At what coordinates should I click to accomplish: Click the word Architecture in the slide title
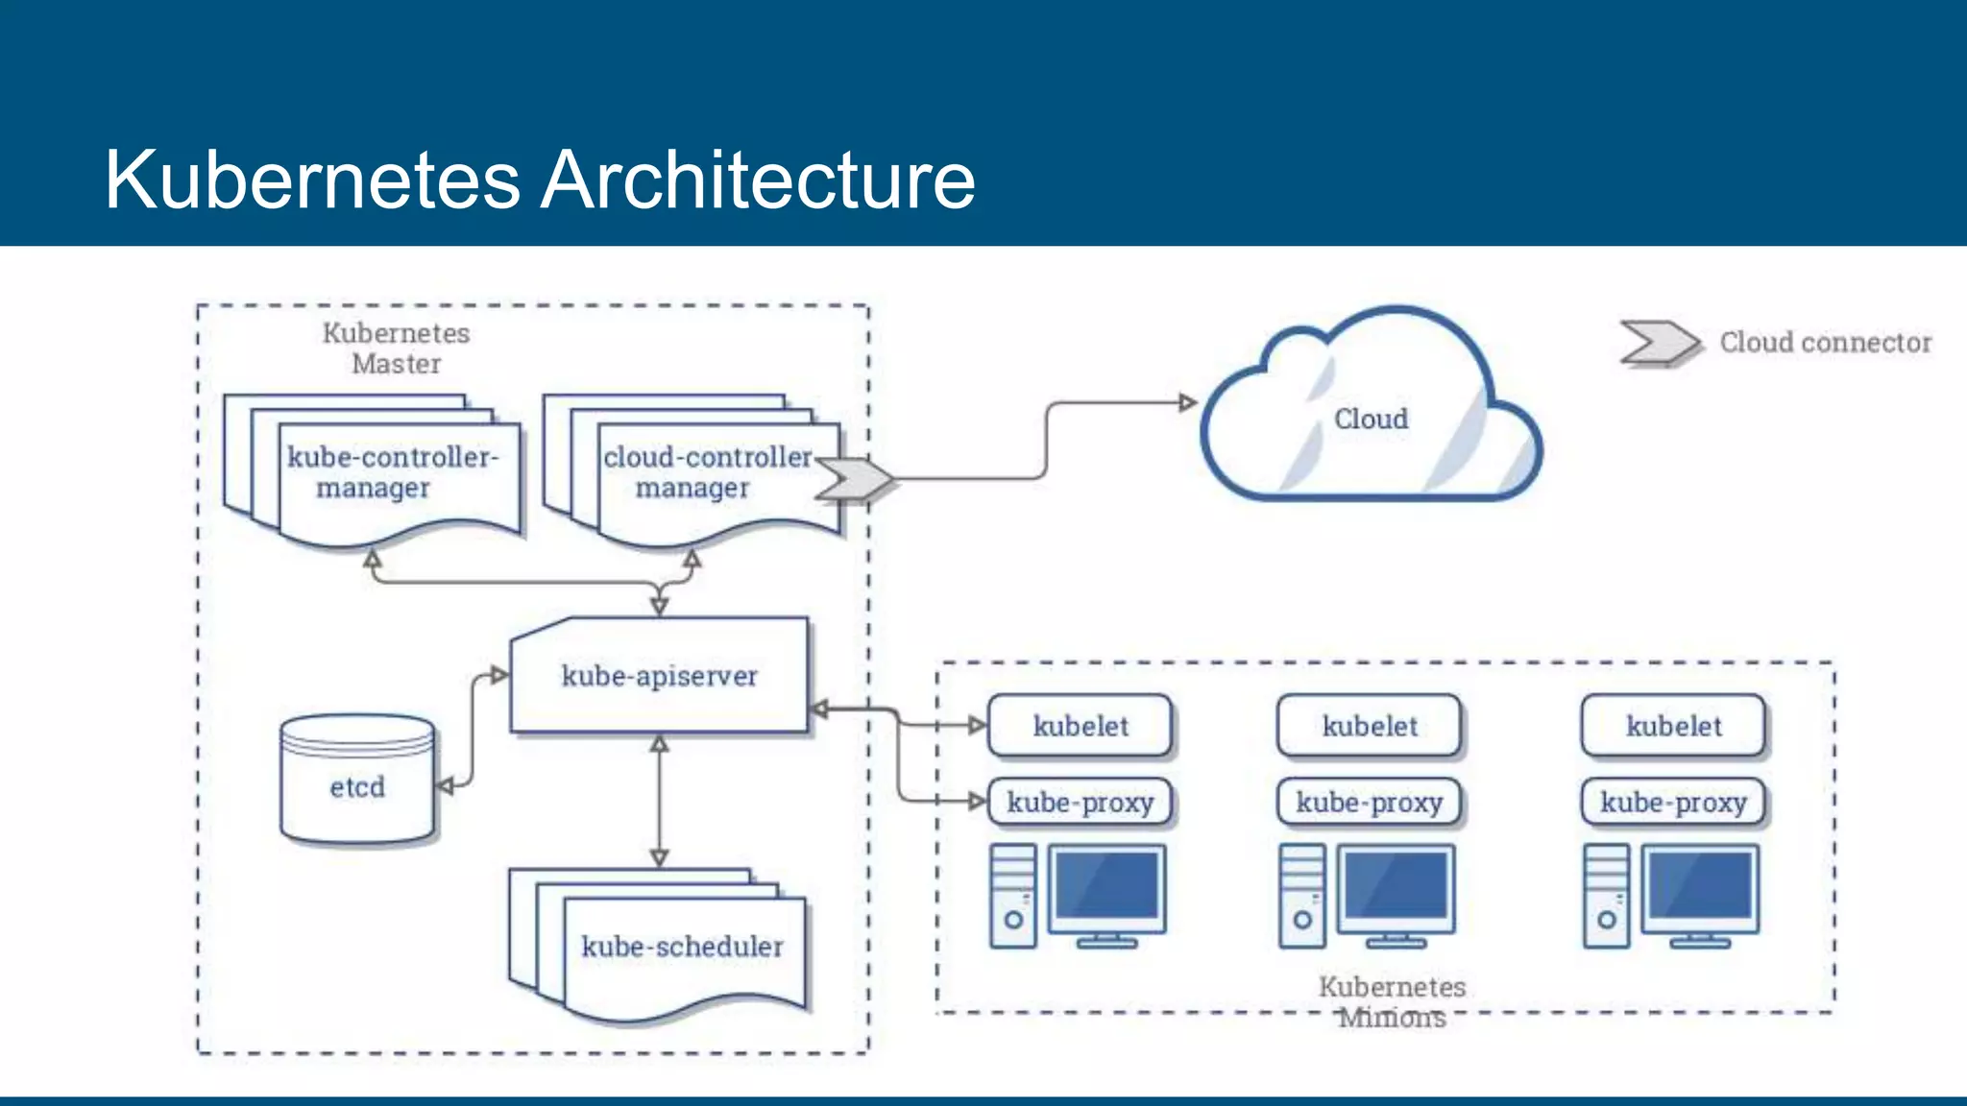pos(758,180)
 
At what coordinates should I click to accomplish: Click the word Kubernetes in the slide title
pos(312,180)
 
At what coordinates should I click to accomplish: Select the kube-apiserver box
pos(659,676)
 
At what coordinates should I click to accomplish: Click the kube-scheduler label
pos(682,947)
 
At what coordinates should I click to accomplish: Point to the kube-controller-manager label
pos(392,471)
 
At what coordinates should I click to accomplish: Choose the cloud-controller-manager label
pos(708,471)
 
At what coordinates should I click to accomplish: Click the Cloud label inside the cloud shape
pos(1371,420)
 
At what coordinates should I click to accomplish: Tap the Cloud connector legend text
pos(1825,343)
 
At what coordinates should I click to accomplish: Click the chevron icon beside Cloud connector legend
pos(1659,343)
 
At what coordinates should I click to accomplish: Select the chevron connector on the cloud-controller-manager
pos(854,478)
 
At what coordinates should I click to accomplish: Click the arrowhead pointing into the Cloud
pos(1188,402)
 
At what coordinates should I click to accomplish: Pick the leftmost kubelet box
pos(1081,726)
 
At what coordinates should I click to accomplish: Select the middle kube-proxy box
pos(1369,803)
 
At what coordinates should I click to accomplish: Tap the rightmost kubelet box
pos(1673,726)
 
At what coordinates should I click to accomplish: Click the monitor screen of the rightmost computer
pos(1700,885)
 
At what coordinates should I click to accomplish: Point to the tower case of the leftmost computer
pos(1013,895)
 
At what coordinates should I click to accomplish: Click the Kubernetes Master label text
pos(396,349)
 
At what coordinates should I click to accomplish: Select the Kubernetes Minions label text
pos(1392,1001)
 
